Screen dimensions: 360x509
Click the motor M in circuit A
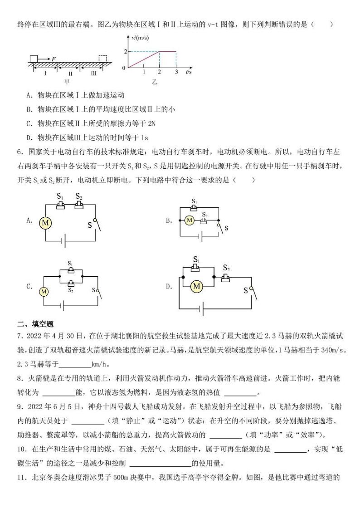point(45,222)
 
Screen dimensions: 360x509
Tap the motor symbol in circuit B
point(190,221)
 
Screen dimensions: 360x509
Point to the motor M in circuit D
point(196,286)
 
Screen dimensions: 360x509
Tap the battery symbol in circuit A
point(65,241)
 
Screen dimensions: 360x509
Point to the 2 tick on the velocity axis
point(125,51)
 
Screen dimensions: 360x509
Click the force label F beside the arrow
point(54,59)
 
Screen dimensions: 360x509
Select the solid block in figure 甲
point(34,59)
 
